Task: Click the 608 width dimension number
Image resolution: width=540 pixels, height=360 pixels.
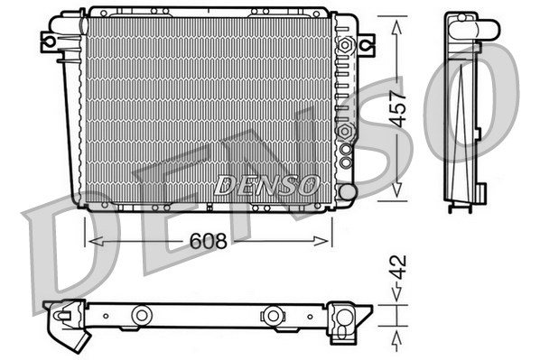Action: [208, 241]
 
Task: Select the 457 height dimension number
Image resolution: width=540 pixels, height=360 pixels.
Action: [398, 109]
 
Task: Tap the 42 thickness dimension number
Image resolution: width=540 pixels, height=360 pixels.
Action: [399, 267]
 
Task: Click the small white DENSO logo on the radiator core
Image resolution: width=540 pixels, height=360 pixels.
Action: [265, 185]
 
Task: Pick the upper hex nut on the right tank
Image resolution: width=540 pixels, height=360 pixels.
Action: [345, 45]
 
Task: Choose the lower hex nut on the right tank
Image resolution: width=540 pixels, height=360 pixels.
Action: [345, 131]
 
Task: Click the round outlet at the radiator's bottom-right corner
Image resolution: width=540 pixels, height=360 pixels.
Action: [348, 191]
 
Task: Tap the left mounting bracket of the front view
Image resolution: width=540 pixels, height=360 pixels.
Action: [49, 42]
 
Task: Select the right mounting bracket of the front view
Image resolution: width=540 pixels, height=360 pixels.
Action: [367, 45]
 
